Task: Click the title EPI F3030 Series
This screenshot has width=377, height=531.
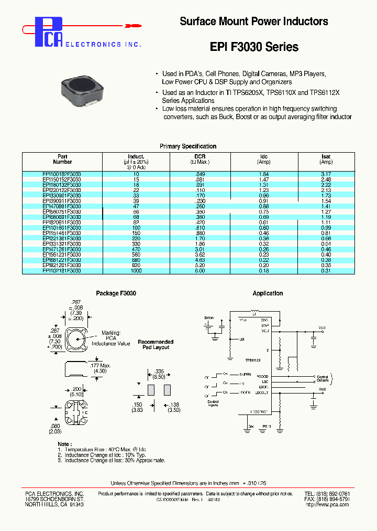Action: [254, 47]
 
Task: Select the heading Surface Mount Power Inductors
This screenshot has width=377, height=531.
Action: [254, 22]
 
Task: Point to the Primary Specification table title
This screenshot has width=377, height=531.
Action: [187, 146]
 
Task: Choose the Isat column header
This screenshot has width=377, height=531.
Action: [326, 157]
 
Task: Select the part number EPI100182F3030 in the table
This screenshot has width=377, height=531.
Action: [62, 174]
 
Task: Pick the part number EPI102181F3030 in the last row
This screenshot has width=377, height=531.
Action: [62, 270]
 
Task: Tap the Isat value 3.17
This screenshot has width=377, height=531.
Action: [326, 174]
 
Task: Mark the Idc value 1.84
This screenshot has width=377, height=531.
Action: [264, 174]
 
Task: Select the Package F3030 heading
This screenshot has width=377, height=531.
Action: [116, 293]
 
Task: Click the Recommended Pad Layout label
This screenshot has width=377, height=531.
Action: [156, 345]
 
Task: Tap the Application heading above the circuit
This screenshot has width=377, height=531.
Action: [268, 293]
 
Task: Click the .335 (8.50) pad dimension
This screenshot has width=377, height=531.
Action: [159, 373]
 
